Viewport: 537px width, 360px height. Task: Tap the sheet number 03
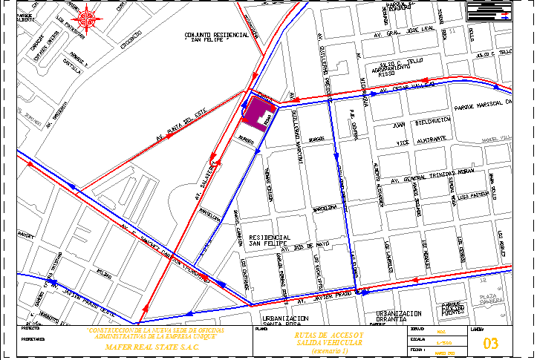pos(491,344)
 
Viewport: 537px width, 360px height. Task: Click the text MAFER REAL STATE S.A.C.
pos(152,347)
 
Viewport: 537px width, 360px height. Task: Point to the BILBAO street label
pos(104,273)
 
